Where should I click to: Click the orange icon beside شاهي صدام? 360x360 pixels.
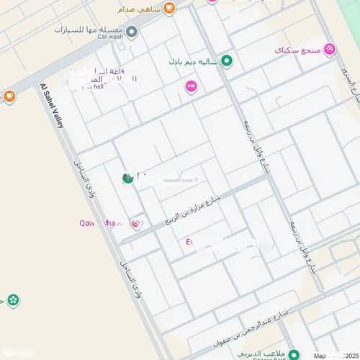click(x=170, y=9)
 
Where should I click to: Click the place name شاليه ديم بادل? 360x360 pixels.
click(x=194, y=61)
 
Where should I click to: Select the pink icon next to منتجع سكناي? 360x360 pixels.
click(x=330, y=49)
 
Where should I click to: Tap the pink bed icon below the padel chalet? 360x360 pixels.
click(x=192, y=87)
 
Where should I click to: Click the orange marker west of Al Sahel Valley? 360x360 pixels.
click(x=9, y=96)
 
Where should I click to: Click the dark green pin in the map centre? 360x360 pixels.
click(x=127, y=178)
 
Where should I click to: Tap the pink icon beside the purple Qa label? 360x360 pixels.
click(x=135, y=225)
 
